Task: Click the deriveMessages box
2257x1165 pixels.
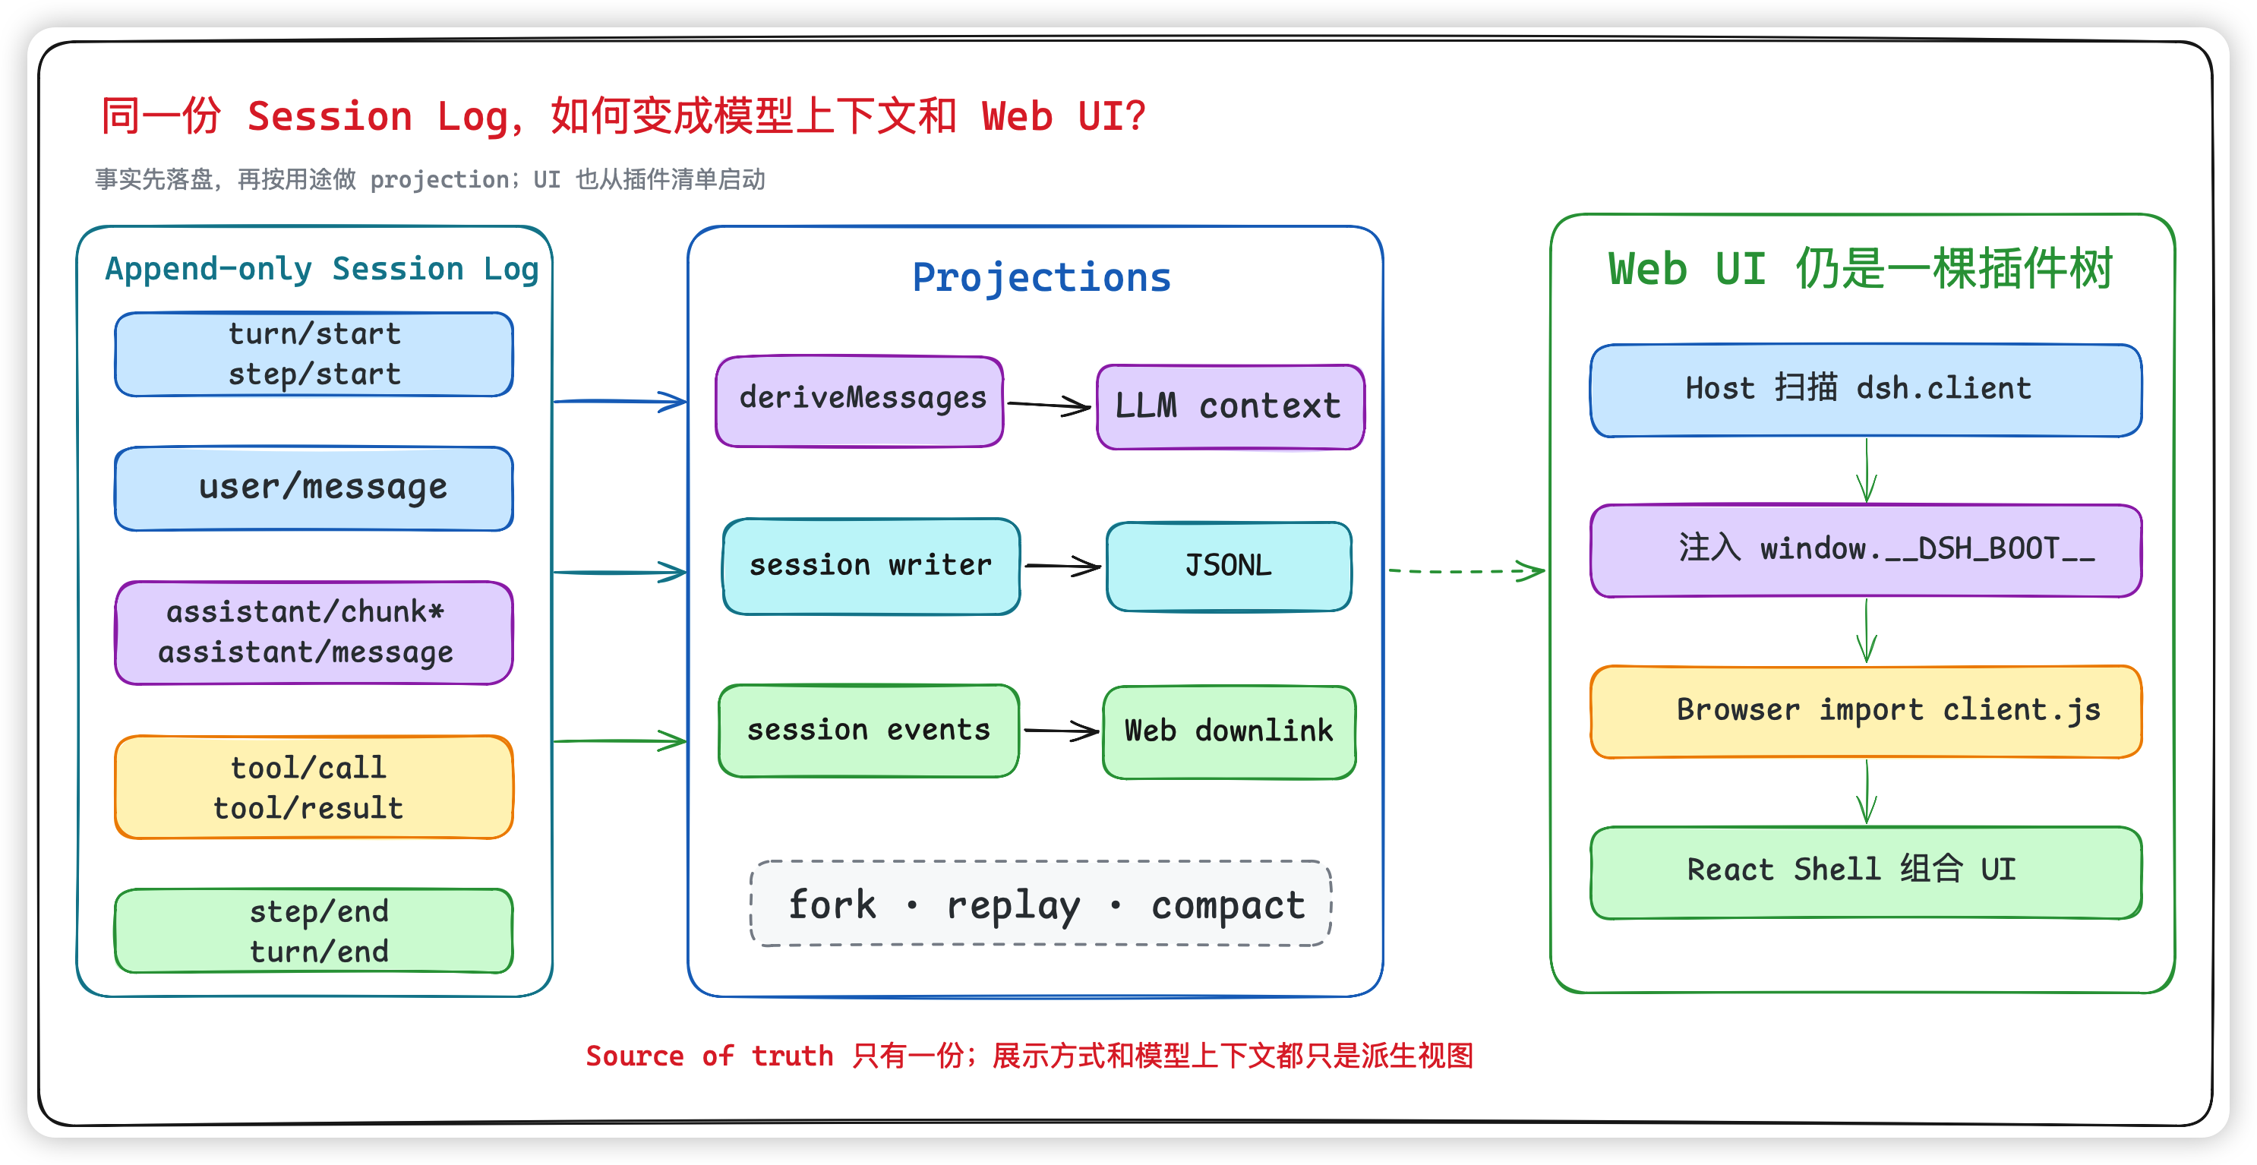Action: [860, 401]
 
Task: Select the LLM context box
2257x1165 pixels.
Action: [1230, 406]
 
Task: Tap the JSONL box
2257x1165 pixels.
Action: [1229, 566]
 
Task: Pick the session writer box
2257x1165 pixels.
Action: [871, 566]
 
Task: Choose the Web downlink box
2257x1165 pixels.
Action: [1230, 731]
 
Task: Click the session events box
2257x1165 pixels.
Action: [868, 731]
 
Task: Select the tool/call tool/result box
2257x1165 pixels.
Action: [314, 787]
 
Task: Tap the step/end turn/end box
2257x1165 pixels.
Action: [314, 930]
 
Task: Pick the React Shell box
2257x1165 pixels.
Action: [1866, 872]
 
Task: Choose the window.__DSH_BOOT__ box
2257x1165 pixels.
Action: [1866, 550]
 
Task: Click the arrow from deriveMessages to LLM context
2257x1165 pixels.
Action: [1050, 406]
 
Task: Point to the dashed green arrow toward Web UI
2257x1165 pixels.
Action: [1467, 571]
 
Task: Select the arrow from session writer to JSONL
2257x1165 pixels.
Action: [1062, 566]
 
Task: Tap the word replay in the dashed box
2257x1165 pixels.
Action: [1013, 906]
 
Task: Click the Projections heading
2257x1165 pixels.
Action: [1042, 278]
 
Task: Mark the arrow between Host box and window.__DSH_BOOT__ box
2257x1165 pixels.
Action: [1866, 470]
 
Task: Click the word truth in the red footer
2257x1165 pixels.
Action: [792, 1056]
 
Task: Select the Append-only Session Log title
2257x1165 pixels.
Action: [321, 269]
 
